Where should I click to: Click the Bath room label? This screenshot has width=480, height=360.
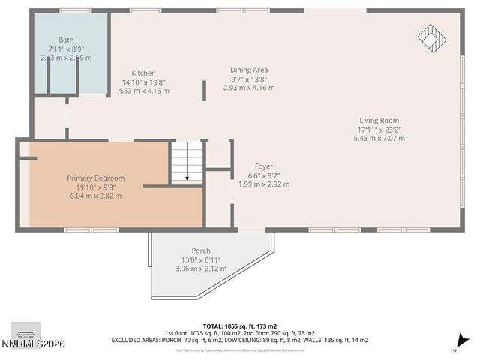tap(66, 40)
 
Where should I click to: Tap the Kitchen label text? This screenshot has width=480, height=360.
tap(143, 73)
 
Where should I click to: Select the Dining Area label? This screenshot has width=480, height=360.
tap(249, 70)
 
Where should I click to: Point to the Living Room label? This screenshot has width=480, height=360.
tap(378, 120)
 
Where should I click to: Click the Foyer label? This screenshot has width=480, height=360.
tap(263, 166)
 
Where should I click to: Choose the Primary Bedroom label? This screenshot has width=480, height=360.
tap(95, 178)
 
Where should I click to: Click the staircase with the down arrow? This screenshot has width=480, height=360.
tap(187, 163)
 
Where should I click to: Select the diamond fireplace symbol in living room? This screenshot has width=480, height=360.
tap(431, 35)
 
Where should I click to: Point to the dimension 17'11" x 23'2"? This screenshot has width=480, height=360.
tap(378, 129)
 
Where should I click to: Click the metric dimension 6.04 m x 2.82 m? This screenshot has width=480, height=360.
tap(95, 196)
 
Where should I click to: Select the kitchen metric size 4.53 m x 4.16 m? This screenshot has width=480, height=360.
tap(143, 91)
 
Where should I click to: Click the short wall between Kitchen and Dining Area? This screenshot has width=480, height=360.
tap(205, 91)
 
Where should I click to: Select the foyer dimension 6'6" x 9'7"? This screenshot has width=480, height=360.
tap(263, 175)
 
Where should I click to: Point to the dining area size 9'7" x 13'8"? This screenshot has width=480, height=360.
tap(249, 79)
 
